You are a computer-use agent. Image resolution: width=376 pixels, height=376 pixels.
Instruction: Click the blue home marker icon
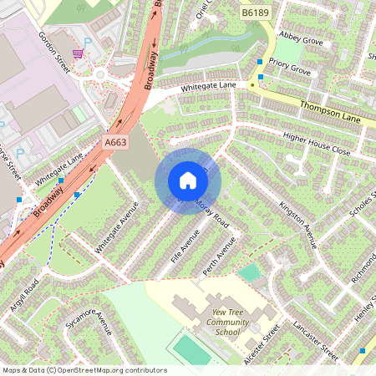(x=187, y=180)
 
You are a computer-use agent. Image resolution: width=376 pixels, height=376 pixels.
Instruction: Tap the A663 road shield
(x=116, y=144)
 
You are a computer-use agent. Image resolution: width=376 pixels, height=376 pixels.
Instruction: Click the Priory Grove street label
(x=289, y=73)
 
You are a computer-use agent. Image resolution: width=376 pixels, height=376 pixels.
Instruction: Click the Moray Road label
(x=210, y=212)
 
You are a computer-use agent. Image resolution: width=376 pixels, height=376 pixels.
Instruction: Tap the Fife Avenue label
(x=185, y=247)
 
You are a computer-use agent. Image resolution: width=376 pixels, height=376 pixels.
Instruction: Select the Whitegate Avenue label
(x=116, y=227)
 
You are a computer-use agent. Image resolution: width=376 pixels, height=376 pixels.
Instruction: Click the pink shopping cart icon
(x=78, y=53)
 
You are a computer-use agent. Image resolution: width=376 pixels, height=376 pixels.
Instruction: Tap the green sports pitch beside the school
(x=191, y=351)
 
